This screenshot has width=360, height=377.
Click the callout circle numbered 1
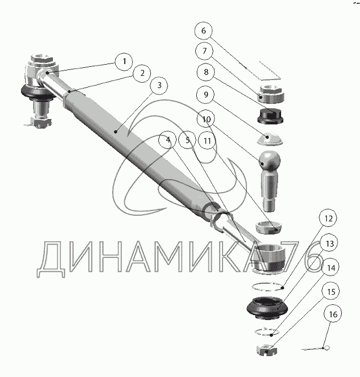pyautogui.click(x=124, y=62)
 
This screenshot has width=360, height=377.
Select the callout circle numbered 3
pyautogui.click(x=159, y=85)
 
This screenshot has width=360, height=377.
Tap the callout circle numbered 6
pyautogui.click(x=203, y=31)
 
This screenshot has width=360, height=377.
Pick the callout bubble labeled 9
pyautogui.click(x=205, y=95)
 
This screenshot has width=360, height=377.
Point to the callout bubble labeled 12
pyautogui.click(x=328, y=218)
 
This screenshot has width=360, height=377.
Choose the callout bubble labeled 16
pyautogui.click(x=333, y=314)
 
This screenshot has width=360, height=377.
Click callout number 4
pyautogui.click(x=168, y=140)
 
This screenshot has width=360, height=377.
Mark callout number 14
pyautogui.click(x=331, y=268)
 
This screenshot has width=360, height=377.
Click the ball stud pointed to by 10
pyautogui.click(x=270, y=181)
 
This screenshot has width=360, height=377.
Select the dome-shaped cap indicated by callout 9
pyautogui.click(x=270, y=139)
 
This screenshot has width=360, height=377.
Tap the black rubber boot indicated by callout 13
pyautogui.click(x=267, y=308)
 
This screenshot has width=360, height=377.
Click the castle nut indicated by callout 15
pyautogui.click(x=266, y=350)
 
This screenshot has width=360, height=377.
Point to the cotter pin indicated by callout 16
pyautogui.click(x=315, y=348)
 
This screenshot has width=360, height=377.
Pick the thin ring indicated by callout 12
pyautogui.click(x=268, y=286)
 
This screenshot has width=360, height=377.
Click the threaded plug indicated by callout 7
pyautogui.click(x=271, y=94)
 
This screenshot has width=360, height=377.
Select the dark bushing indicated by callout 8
pyautogui.click(x=270, y=116)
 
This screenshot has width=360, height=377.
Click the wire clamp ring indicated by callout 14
pyautogui.click(x=267, y=332)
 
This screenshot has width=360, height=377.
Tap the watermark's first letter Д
pyautogui.click(x=51, y=260)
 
